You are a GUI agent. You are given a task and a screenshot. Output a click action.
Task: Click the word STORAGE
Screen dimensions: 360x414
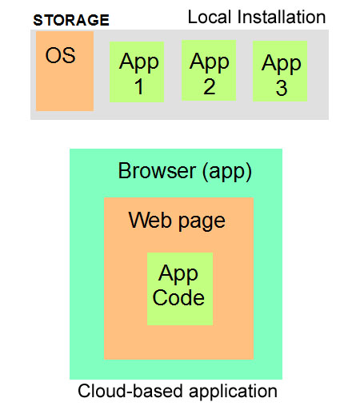[71, 20]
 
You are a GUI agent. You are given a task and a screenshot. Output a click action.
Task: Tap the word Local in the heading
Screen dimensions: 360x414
[210, 17]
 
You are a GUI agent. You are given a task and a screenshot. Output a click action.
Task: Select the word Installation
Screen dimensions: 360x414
[282, 17]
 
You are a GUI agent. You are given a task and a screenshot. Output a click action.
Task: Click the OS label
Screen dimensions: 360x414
[61, 55]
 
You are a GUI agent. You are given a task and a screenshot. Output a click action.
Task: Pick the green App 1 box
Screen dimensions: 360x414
[137, 72]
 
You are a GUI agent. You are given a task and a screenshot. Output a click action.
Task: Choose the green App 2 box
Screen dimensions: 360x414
[209, 70]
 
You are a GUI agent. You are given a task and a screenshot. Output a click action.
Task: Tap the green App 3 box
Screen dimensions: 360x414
[280, 71]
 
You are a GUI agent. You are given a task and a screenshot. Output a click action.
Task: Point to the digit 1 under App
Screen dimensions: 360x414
[139, 86]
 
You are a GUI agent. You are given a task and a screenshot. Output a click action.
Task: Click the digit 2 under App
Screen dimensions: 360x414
[210, 86]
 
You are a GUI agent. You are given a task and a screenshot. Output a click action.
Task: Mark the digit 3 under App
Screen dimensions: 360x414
[282, 88]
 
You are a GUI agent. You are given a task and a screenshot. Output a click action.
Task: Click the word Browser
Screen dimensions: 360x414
[157, 171]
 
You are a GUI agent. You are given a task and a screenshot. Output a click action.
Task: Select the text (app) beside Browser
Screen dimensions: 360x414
[227, 172]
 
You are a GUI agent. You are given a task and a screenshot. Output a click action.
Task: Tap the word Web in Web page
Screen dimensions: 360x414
[150, 220]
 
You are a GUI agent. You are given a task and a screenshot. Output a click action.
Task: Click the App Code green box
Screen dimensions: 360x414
[180, 289]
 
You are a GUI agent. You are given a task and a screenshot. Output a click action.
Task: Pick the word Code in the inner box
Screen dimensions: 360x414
[178, 297]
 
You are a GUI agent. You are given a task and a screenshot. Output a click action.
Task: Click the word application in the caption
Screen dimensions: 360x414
[233, 392]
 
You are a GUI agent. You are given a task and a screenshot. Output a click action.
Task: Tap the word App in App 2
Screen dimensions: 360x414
[210, 62]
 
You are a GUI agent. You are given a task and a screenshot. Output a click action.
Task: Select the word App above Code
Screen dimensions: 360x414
[178, 274]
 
